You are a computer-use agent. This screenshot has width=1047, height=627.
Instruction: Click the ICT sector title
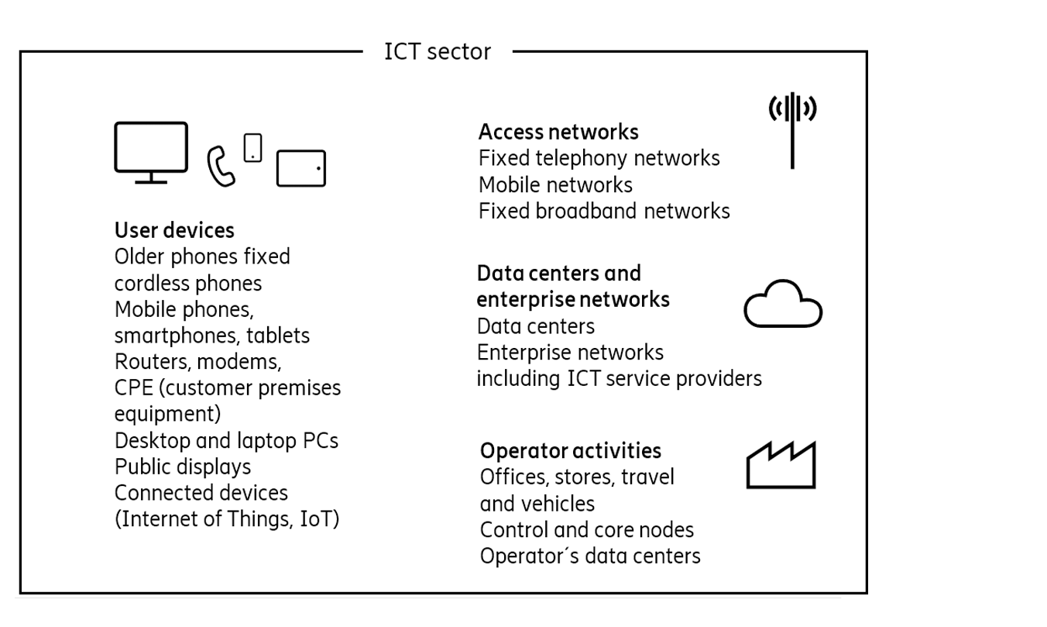[x=438, y=52]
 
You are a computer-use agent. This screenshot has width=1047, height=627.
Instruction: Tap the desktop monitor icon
[x=151, y=150]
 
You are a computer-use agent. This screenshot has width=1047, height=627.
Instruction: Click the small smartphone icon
[x=252, y=147]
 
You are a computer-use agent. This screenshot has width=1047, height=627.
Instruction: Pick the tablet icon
[x=301, y=168]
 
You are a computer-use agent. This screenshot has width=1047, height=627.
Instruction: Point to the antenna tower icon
[x=792, y=131]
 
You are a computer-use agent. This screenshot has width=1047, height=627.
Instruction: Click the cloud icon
[x=782, y=305]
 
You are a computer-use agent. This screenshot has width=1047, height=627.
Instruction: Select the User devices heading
[x=174, y=230]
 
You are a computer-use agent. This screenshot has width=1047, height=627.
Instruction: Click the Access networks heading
[x=558, y=131]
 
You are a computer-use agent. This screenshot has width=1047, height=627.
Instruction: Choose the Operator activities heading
[x=571, y=450]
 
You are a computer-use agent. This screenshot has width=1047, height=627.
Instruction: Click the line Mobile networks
[x=555, y=184]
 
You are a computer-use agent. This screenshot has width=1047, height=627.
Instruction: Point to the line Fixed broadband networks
[x=604, y=211]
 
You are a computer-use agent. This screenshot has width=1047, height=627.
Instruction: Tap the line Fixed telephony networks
[x=599, y=158]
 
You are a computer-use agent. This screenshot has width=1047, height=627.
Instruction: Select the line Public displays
[x=183, y=467]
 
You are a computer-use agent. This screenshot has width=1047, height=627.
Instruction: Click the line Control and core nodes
[x=586, y=530]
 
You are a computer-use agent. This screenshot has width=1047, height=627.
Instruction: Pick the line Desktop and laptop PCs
[x=226, y=440]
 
